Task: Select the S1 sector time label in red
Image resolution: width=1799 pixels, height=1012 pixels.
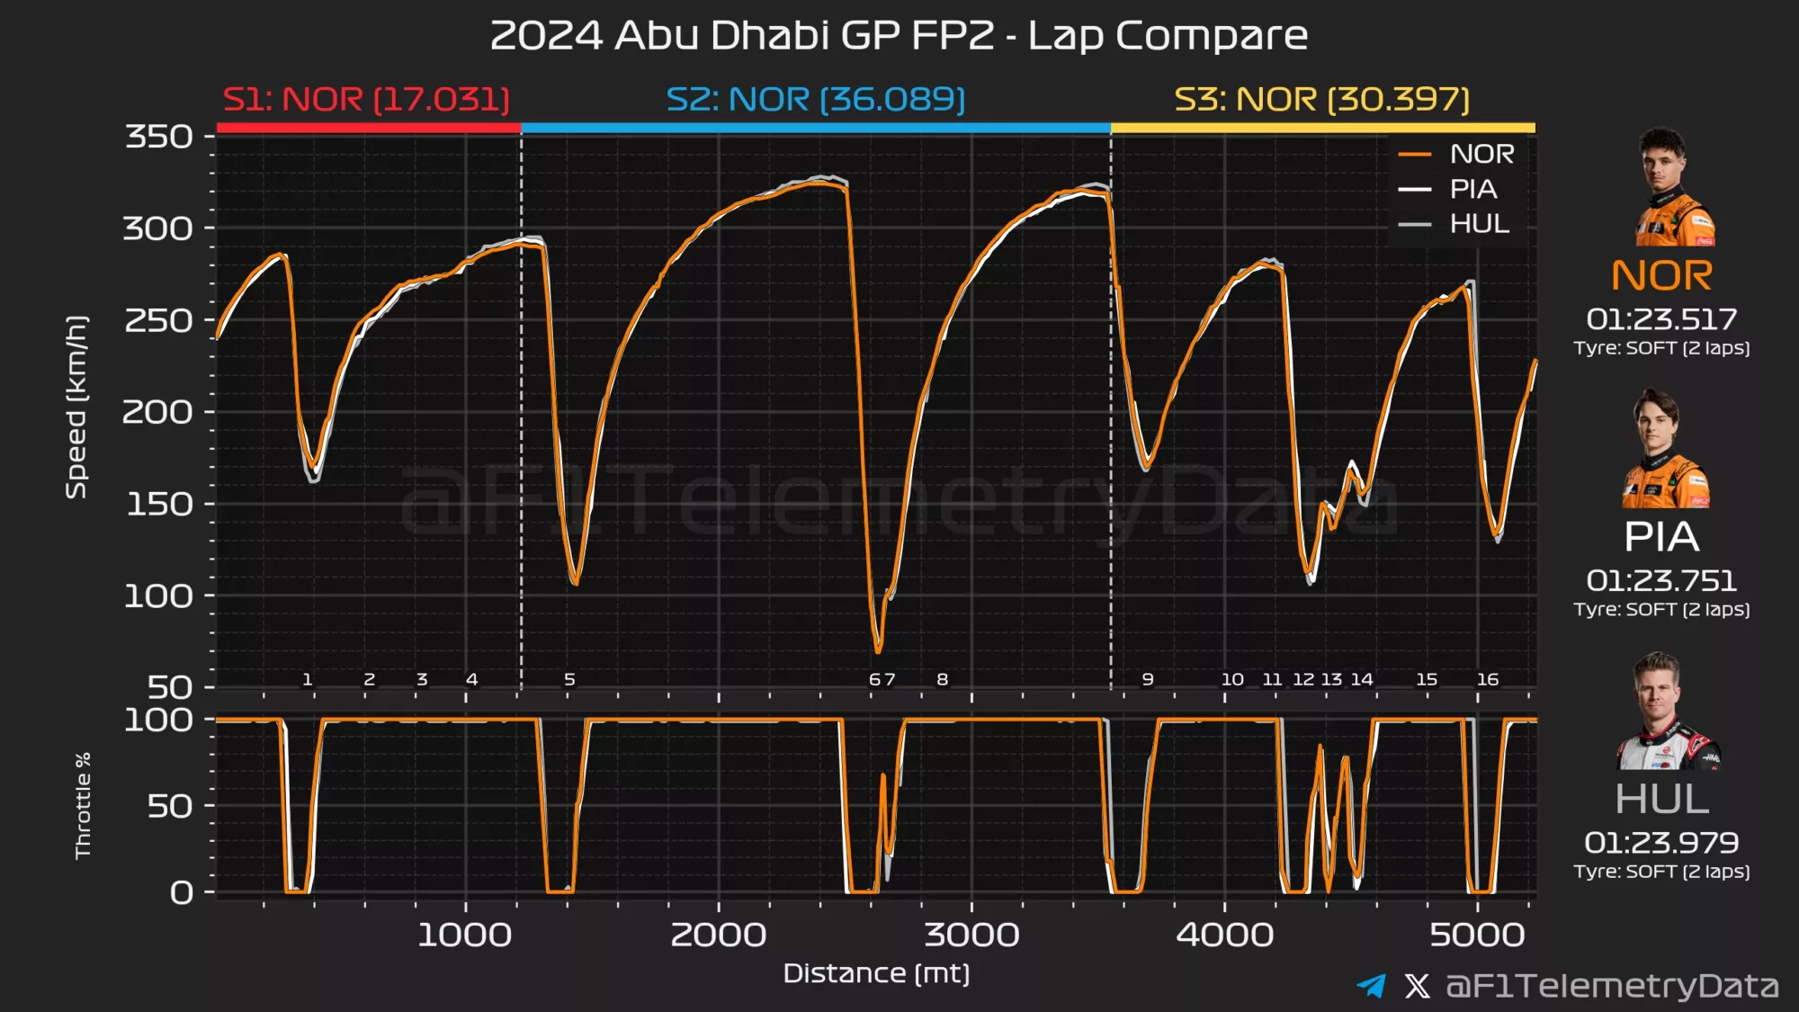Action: click(366, 99)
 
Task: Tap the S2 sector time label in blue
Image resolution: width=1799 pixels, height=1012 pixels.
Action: click(816, 99)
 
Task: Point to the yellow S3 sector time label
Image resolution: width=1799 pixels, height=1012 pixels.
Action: click(1321, 99)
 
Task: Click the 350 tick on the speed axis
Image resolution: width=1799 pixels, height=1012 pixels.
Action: click(159, 137)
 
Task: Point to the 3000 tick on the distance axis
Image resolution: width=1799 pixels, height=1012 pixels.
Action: click(971, 935)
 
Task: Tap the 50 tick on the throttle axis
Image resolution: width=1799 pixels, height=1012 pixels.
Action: click(170, 806)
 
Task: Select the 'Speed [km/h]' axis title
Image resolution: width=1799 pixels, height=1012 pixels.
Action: click(76, 407)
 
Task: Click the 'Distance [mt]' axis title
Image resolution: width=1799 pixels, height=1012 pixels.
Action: click(876, 973)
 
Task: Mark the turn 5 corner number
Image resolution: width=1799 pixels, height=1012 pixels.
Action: click(569, 679)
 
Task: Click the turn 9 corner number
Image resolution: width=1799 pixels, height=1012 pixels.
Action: click(1148, 679)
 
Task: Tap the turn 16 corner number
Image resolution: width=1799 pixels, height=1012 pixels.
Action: click(1488, 679)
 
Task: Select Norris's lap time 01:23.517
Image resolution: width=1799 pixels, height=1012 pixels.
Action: click(1660, 319)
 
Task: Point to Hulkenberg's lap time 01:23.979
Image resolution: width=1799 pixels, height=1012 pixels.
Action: click(1660, 843)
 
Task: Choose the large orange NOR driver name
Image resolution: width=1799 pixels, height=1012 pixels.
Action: click(1661, 275)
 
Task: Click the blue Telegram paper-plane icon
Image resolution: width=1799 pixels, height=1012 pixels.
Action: click(1372, 986)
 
